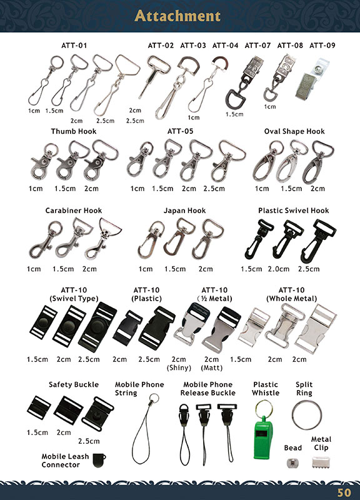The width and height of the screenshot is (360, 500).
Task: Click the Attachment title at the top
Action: click(177, 16)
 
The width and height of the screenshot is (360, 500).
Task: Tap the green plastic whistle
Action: click(262, 437)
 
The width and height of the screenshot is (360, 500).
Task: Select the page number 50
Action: click(344, 492)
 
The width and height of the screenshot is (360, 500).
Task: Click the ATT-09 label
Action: click(322, 46)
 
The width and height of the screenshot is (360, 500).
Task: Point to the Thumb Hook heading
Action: click(74, 131)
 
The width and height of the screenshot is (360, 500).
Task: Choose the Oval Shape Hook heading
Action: click(294, 131)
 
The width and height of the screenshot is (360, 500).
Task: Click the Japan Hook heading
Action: click(184, 211)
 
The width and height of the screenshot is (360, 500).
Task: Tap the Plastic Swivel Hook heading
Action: click(294, 211)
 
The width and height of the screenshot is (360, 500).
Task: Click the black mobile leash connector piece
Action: click(99, 460)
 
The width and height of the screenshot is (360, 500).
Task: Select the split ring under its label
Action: click(306, 415)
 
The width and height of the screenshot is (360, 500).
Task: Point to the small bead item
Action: click(290, 462)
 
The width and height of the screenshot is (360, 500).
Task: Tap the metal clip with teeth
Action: click(321, 462)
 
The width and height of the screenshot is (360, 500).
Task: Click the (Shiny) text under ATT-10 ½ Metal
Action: click(179, 367)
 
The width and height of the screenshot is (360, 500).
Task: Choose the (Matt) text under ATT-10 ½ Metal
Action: click(212, 367)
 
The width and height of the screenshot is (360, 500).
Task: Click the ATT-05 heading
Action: click(180, 131)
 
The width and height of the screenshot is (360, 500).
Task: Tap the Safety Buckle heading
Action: click(74, 384)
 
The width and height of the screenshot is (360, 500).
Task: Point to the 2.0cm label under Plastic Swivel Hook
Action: click(279, 269)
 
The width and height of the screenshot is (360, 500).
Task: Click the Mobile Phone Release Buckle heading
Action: click(208, 389)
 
